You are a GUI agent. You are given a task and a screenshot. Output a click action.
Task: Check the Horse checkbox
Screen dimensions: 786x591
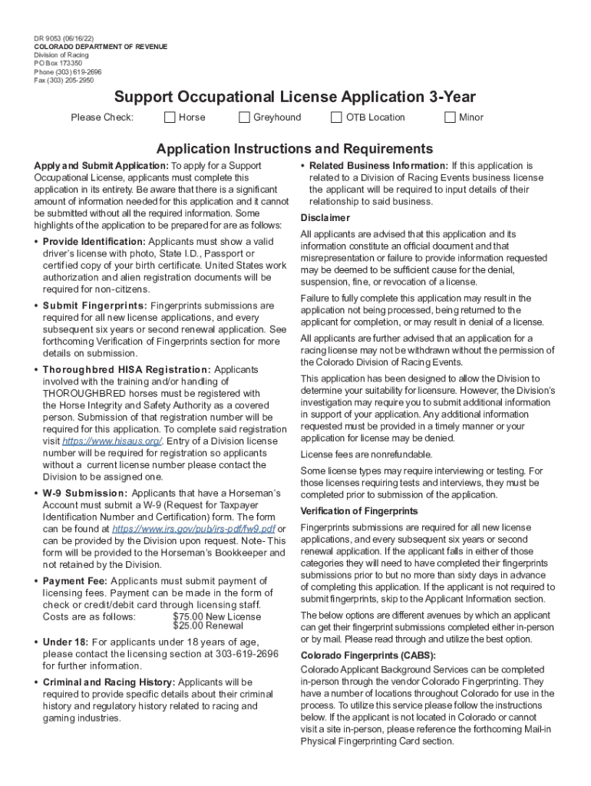(x=170, y=117)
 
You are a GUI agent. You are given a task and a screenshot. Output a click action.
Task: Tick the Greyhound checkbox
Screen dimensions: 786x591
(x=244, y=117)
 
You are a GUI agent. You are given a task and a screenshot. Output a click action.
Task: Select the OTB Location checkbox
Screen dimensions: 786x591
(x=336, y=117)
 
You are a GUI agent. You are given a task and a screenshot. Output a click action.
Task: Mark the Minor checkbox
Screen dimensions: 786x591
(x=450, y=117)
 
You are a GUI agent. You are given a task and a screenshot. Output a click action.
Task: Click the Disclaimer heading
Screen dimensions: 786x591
(x=325, y=218)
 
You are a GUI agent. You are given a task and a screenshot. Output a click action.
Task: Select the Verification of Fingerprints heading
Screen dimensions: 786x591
(x=358, y=511)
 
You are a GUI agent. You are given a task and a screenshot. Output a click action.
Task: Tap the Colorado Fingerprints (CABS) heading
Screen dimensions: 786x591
(x=368, y=655)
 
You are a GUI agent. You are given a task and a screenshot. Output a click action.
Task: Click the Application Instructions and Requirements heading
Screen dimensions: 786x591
(x=295, y=149)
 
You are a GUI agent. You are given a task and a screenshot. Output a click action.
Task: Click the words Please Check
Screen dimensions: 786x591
(x=102, y=117)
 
